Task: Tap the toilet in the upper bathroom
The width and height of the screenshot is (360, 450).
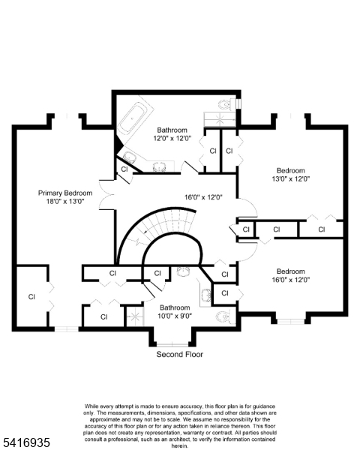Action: pos(223,105)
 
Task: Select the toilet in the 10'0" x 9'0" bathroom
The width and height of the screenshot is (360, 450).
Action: pos(223,317)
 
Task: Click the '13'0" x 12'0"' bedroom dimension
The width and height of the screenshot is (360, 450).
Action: pos(291,179)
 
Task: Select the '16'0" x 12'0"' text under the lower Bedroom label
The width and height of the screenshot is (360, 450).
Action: pos(291,280)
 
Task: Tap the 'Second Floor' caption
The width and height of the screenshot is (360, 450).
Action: pos(179,354)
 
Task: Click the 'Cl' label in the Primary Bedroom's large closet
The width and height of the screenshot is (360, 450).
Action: pos(31,297)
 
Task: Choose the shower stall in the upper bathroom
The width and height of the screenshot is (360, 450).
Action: pos(219,118)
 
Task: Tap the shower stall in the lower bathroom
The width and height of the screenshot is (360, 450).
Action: pos(134,318)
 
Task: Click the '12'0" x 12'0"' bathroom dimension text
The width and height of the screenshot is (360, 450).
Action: pos(172,139)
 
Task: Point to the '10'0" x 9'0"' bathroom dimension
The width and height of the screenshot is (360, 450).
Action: pos(174,316)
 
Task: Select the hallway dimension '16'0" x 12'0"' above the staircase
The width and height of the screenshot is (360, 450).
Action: pos(204,197)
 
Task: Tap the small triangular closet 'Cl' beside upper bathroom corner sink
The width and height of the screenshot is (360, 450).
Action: pos(124,170)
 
